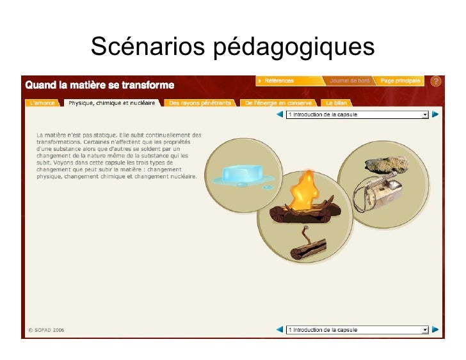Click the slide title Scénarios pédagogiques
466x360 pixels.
click(232, 46)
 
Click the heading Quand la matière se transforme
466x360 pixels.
click(99, 85)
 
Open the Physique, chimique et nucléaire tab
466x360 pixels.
click(111, 102)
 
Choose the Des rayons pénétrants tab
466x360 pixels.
click(200, 102)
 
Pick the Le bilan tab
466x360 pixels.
click(336, 102)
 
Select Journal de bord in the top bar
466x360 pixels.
click(349, 81)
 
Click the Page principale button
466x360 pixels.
click(400, 81)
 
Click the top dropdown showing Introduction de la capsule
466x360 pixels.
click(357, 115)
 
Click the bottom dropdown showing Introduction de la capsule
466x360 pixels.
click(357, 330)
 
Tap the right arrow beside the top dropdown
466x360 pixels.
click(435, 115)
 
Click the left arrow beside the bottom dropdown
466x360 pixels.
click(280, 330)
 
